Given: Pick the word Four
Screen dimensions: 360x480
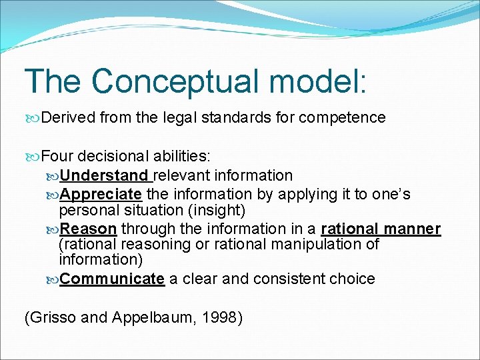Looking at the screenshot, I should coord(57,157).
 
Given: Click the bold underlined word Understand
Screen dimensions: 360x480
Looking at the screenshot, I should coord(104,175).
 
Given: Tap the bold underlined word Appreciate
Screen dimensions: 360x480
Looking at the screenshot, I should coord(101,194).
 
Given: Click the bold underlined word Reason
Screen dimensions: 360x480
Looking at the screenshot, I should coord(89,229).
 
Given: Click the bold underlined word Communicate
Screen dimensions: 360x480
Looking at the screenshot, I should coord(112,279).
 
